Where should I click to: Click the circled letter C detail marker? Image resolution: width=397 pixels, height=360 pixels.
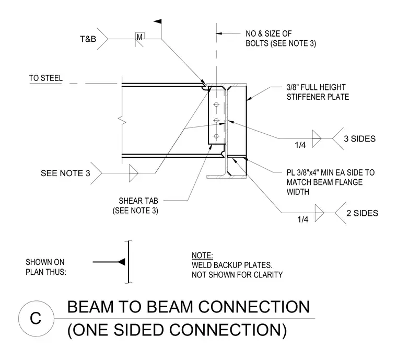click(36, 318)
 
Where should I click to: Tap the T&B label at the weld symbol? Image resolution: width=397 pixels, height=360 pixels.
click(88, 39)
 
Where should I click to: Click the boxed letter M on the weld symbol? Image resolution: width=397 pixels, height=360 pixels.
click(140, 37)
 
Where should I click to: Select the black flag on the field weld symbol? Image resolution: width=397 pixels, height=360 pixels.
click(158, 21)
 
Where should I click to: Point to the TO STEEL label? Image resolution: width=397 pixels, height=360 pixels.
click(46, 78)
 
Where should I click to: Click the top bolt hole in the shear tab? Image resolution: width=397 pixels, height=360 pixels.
click(216, 104)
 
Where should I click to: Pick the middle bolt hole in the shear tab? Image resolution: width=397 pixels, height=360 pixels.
click(216, 120)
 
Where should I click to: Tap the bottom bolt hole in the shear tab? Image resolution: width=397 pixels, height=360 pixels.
click(216, 136)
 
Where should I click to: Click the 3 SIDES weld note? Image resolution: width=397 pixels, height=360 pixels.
click(359, 139)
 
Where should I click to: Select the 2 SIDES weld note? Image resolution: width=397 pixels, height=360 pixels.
click(362, 213)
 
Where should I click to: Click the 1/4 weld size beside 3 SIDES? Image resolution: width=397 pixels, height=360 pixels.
click(300, 145)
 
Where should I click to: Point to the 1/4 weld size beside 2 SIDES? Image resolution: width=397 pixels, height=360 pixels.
click(303, 219)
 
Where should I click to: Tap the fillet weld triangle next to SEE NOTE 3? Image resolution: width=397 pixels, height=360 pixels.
click(133, 173)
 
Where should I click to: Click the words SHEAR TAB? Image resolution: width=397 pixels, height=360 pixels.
click(138, 201)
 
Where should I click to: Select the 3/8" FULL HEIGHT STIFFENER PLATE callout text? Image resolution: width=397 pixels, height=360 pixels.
click(318, 92)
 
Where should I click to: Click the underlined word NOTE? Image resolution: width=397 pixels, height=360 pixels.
click(202, 256)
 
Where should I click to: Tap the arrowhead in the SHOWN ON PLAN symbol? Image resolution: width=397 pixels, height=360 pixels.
click(122, 262)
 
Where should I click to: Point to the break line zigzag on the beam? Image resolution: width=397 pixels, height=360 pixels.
click(123, 120)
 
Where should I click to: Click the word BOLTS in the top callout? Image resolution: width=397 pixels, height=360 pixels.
click(257, 43)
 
